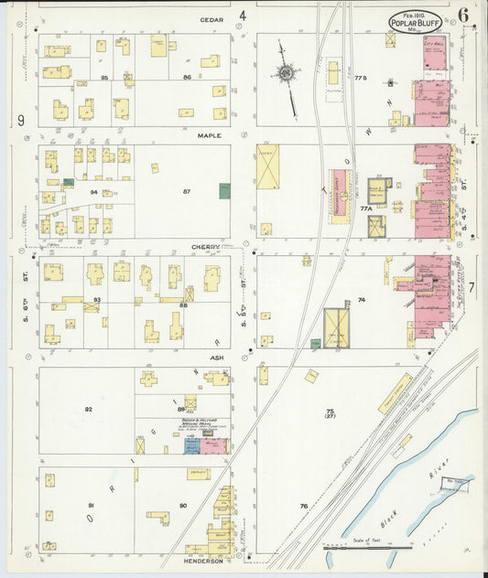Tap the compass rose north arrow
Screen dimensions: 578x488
point(286,72)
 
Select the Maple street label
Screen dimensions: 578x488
point(210,134)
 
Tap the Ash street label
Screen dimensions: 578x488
point(217,358)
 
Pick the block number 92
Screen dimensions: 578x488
point(89,409)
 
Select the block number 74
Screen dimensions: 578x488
point(362,300)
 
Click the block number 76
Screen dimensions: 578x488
point(304,506)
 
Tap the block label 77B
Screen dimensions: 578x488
point(360,79)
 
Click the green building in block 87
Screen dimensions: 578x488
point(224,191)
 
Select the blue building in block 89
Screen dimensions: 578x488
point(191,446)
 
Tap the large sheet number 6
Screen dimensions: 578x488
point(465,15)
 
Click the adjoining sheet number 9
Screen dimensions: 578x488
point(19,121)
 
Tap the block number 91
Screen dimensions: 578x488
point(91,506)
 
